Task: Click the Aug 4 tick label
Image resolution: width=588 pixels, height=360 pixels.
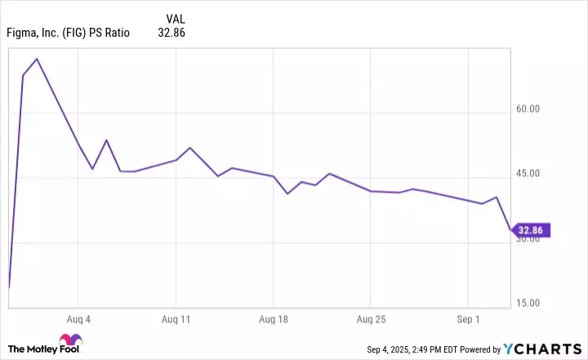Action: point(78,319)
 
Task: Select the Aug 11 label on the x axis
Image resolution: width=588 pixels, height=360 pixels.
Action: point(176,319)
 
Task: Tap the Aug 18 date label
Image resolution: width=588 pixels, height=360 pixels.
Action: point(273,319)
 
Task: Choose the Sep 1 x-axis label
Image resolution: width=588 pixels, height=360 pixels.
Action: point(468,319)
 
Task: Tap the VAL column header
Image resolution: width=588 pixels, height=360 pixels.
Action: point(175,19)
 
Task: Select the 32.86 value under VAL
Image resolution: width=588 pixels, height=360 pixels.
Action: point(173,34)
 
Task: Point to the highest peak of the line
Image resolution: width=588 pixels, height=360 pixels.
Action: point(37,59)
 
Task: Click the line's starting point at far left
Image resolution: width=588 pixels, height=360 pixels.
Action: point(8,287)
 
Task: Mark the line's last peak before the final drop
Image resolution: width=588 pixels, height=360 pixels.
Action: point(497,197)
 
